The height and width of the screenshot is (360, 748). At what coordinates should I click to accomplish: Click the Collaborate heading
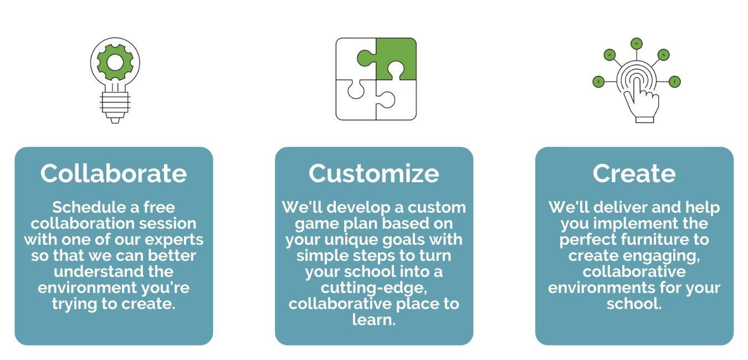[x=114, y=173]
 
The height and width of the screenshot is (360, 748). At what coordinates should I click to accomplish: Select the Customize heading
[x=373, y=173]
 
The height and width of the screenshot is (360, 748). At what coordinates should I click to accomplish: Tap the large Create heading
[x=634, y=173]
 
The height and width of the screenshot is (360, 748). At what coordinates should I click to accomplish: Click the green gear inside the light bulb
[x=115, y=63]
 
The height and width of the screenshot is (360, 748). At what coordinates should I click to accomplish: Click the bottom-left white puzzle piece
[x=356, y=100]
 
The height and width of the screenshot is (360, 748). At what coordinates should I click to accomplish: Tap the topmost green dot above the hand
[x=637, y=43]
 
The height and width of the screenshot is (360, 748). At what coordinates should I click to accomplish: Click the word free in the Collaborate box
[x=159, y=208]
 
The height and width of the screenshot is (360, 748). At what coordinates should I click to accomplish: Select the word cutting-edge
[x=373, y=288]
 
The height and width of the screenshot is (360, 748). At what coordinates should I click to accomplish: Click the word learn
[x=373, y=320]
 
